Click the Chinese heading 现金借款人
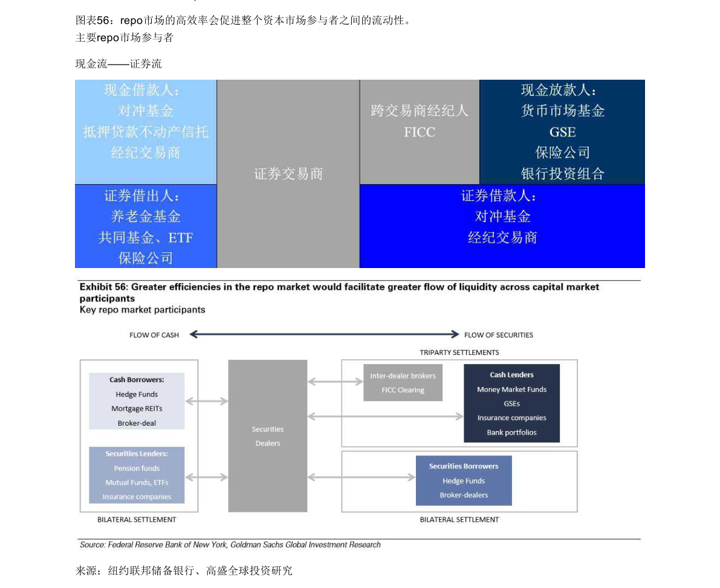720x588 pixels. tap(141, 91)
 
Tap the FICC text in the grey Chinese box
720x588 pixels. tap(420, 132)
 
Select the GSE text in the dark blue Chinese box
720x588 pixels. tap(562, 132)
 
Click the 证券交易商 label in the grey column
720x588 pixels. tap(288, 174)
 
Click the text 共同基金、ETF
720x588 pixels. tap(146, 238)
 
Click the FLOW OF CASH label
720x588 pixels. tap(154, 335)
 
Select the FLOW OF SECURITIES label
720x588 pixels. tap(499, 335)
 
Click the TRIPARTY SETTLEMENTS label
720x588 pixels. tap(459, 353)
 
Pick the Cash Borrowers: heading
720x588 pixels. tap(137, 380)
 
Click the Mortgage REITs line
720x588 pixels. tap(137, 409)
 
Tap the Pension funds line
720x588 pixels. tap(137, 468)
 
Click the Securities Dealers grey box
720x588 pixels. tap(268, 436)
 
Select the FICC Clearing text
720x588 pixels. tap(403, 390)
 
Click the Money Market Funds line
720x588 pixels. tap(511, 390)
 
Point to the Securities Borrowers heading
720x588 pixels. tap(464, 467)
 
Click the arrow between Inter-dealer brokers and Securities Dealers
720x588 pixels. tap(335, 382)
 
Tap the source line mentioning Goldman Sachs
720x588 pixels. tap(230, 545)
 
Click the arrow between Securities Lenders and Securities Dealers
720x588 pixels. tap(206, 478)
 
